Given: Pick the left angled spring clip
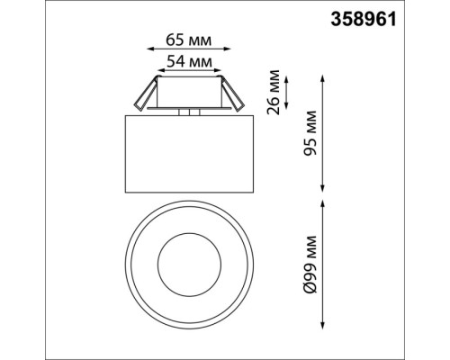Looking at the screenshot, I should pos(144,95).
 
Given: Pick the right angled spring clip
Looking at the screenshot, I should pos(232,95).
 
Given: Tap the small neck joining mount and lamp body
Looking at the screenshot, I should pos(188,112).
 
